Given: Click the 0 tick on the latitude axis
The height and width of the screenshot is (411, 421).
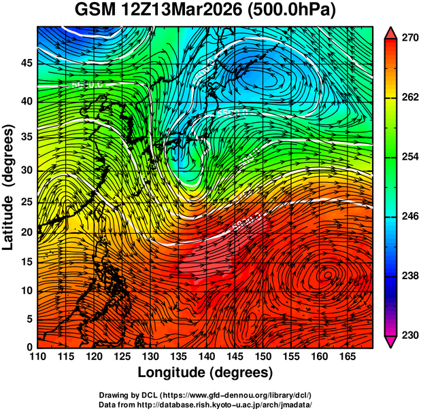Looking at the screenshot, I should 28,347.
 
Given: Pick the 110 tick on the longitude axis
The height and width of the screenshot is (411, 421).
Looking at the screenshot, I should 37,357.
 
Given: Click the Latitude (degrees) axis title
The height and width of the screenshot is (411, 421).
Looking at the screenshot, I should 10,186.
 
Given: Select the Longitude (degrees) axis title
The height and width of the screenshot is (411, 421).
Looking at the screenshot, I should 205,372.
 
